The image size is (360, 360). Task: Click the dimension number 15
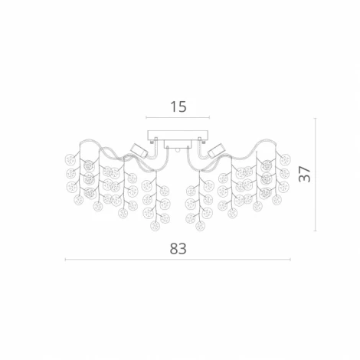click(178, 106)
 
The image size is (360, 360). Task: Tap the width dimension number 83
click(178, 248)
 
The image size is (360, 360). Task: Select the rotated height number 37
click(304, 174)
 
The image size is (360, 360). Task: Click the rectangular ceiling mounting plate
click(178, 135)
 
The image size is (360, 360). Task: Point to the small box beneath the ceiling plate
click(178, 144)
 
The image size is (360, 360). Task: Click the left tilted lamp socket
click(139, 150)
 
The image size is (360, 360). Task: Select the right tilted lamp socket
click(217, 150)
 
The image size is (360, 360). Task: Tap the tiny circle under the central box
click(178, 151)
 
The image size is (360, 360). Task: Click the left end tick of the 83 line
click(66, 260)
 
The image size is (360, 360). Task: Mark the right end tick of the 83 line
click(290, 260)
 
